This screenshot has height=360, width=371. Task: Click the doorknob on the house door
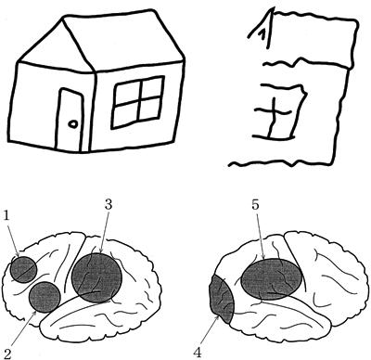(x=73, y=124)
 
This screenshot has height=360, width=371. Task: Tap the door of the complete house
(x=70, y=120)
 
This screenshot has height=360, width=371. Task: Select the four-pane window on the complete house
(x=138, y=102)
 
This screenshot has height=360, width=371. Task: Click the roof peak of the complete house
(x=63, y=18)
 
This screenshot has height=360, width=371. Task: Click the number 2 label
(x=6, y=354)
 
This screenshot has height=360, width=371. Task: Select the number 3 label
(x=108, y=204)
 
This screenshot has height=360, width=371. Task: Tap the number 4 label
(x=198, y=353)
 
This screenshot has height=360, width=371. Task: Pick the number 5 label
(x=255, y=205)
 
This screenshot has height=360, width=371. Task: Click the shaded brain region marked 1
(x=23, y=270)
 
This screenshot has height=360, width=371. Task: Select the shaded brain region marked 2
(x=45, y=297)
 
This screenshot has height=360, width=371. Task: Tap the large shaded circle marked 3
(x=96, y=277)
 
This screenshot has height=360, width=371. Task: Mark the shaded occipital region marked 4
(x=221, y=300)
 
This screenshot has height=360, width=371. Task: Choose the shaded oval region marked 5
(x=271, y=279)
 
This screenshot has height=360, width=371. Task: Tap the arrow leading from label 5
(x=260, y=236)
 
